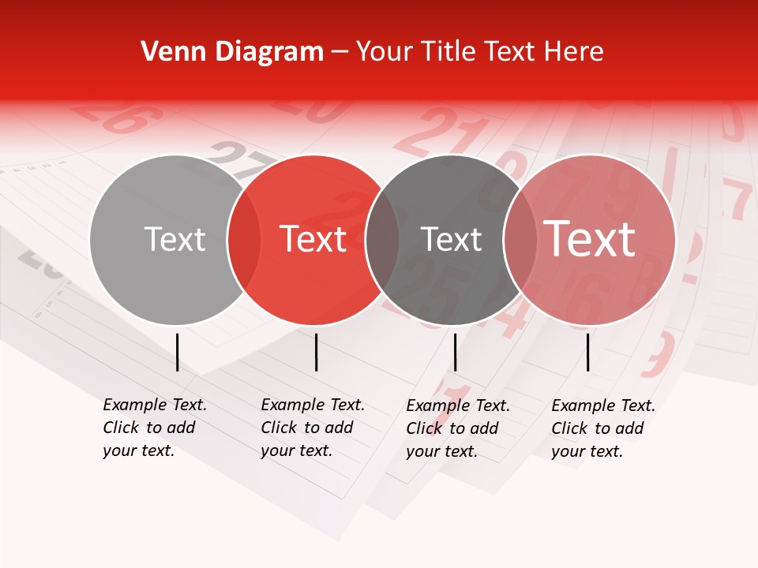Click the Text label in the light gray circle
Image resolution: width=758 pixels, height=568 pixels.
point(174,239)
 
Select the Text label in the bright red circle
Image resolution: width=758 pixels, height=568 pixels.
point(313,239)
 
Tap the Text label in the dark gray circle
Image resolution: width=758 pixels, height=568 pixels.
point(451,239)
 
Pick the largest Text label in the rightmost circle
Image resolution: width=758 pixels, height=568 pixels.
point(589,239)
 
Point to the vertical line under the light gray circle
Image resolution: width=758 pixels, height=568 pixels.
point(177,352)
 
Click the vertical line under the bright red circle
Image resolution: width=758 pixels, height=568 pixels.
point(316,352)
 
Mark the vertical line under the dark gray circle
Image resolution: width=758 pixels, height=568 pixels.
point(455,352)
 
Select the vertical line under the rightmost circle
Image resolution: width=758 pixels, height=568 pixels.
point(588,352)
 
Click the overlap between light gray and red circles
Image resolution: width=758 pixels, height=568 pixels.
point(244,239)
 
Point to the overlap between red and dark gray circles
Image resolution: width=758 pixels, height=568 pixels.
point(382,239)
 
